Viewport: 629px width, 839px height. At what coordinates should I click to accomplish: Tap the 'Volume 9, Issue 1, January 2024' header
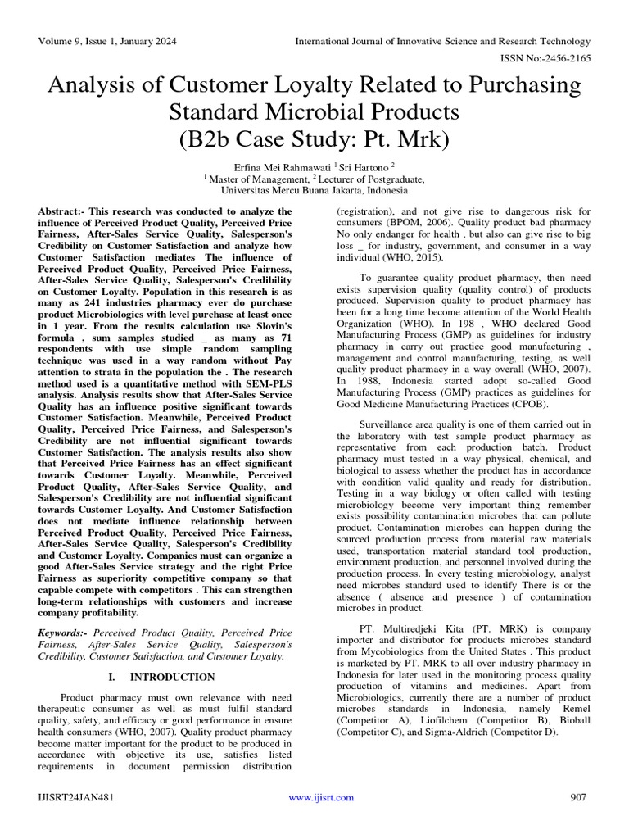coord(106,41)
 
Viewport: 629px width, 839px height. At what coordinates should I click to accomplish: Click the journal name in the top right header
coord(442,41)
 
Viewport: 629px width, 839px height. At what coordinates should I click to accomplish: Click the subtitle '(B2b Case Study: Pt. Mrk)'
coord(314,138)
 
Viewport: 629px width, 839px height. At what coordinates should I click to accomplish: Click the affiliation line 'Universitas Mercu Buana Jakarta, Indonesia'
coord(314,190)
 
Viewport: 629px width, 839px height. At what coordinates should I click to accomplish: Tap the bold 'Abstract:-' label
coord(64,211)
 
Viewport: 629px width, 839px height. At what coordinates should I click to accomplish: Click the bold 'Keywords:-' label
coord(66,633)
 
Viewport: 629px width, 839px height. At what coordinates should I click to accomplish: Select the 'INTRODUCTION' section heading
coord(173,678)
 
